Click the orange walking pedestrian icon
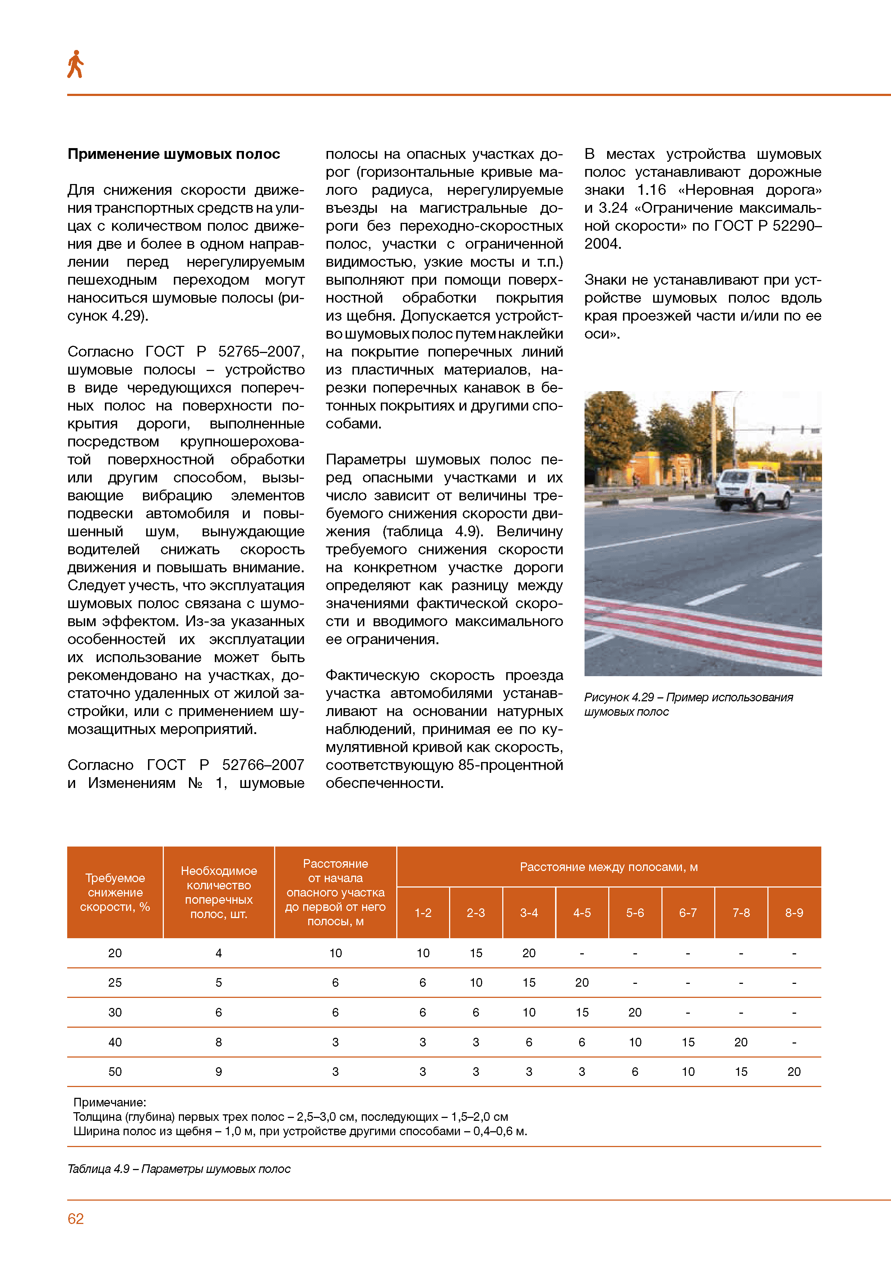click(x=75, y=64)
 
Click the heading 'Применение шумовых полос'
click(x=174, y=154)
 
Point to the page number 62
click(x=76, y=1219)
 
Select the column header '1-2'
click(x=423, y=913)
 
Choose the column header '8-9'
click(x=794, y=913)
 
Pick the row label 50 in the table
click(x=115, y=1072)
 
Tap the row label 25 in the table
click(x=115, y=982)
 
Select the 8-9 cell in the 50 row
click(x=794, y=1072)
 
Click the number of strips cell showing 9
click(x=218, y=1072)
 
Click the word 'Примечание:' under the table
click(x=110, y=1102)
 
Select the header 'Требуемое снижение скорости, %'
click(x=115, y=893)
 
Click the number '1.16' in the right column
click(x=651, y=190)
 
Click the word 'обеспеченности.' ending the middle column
click(x=384, y=783)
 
